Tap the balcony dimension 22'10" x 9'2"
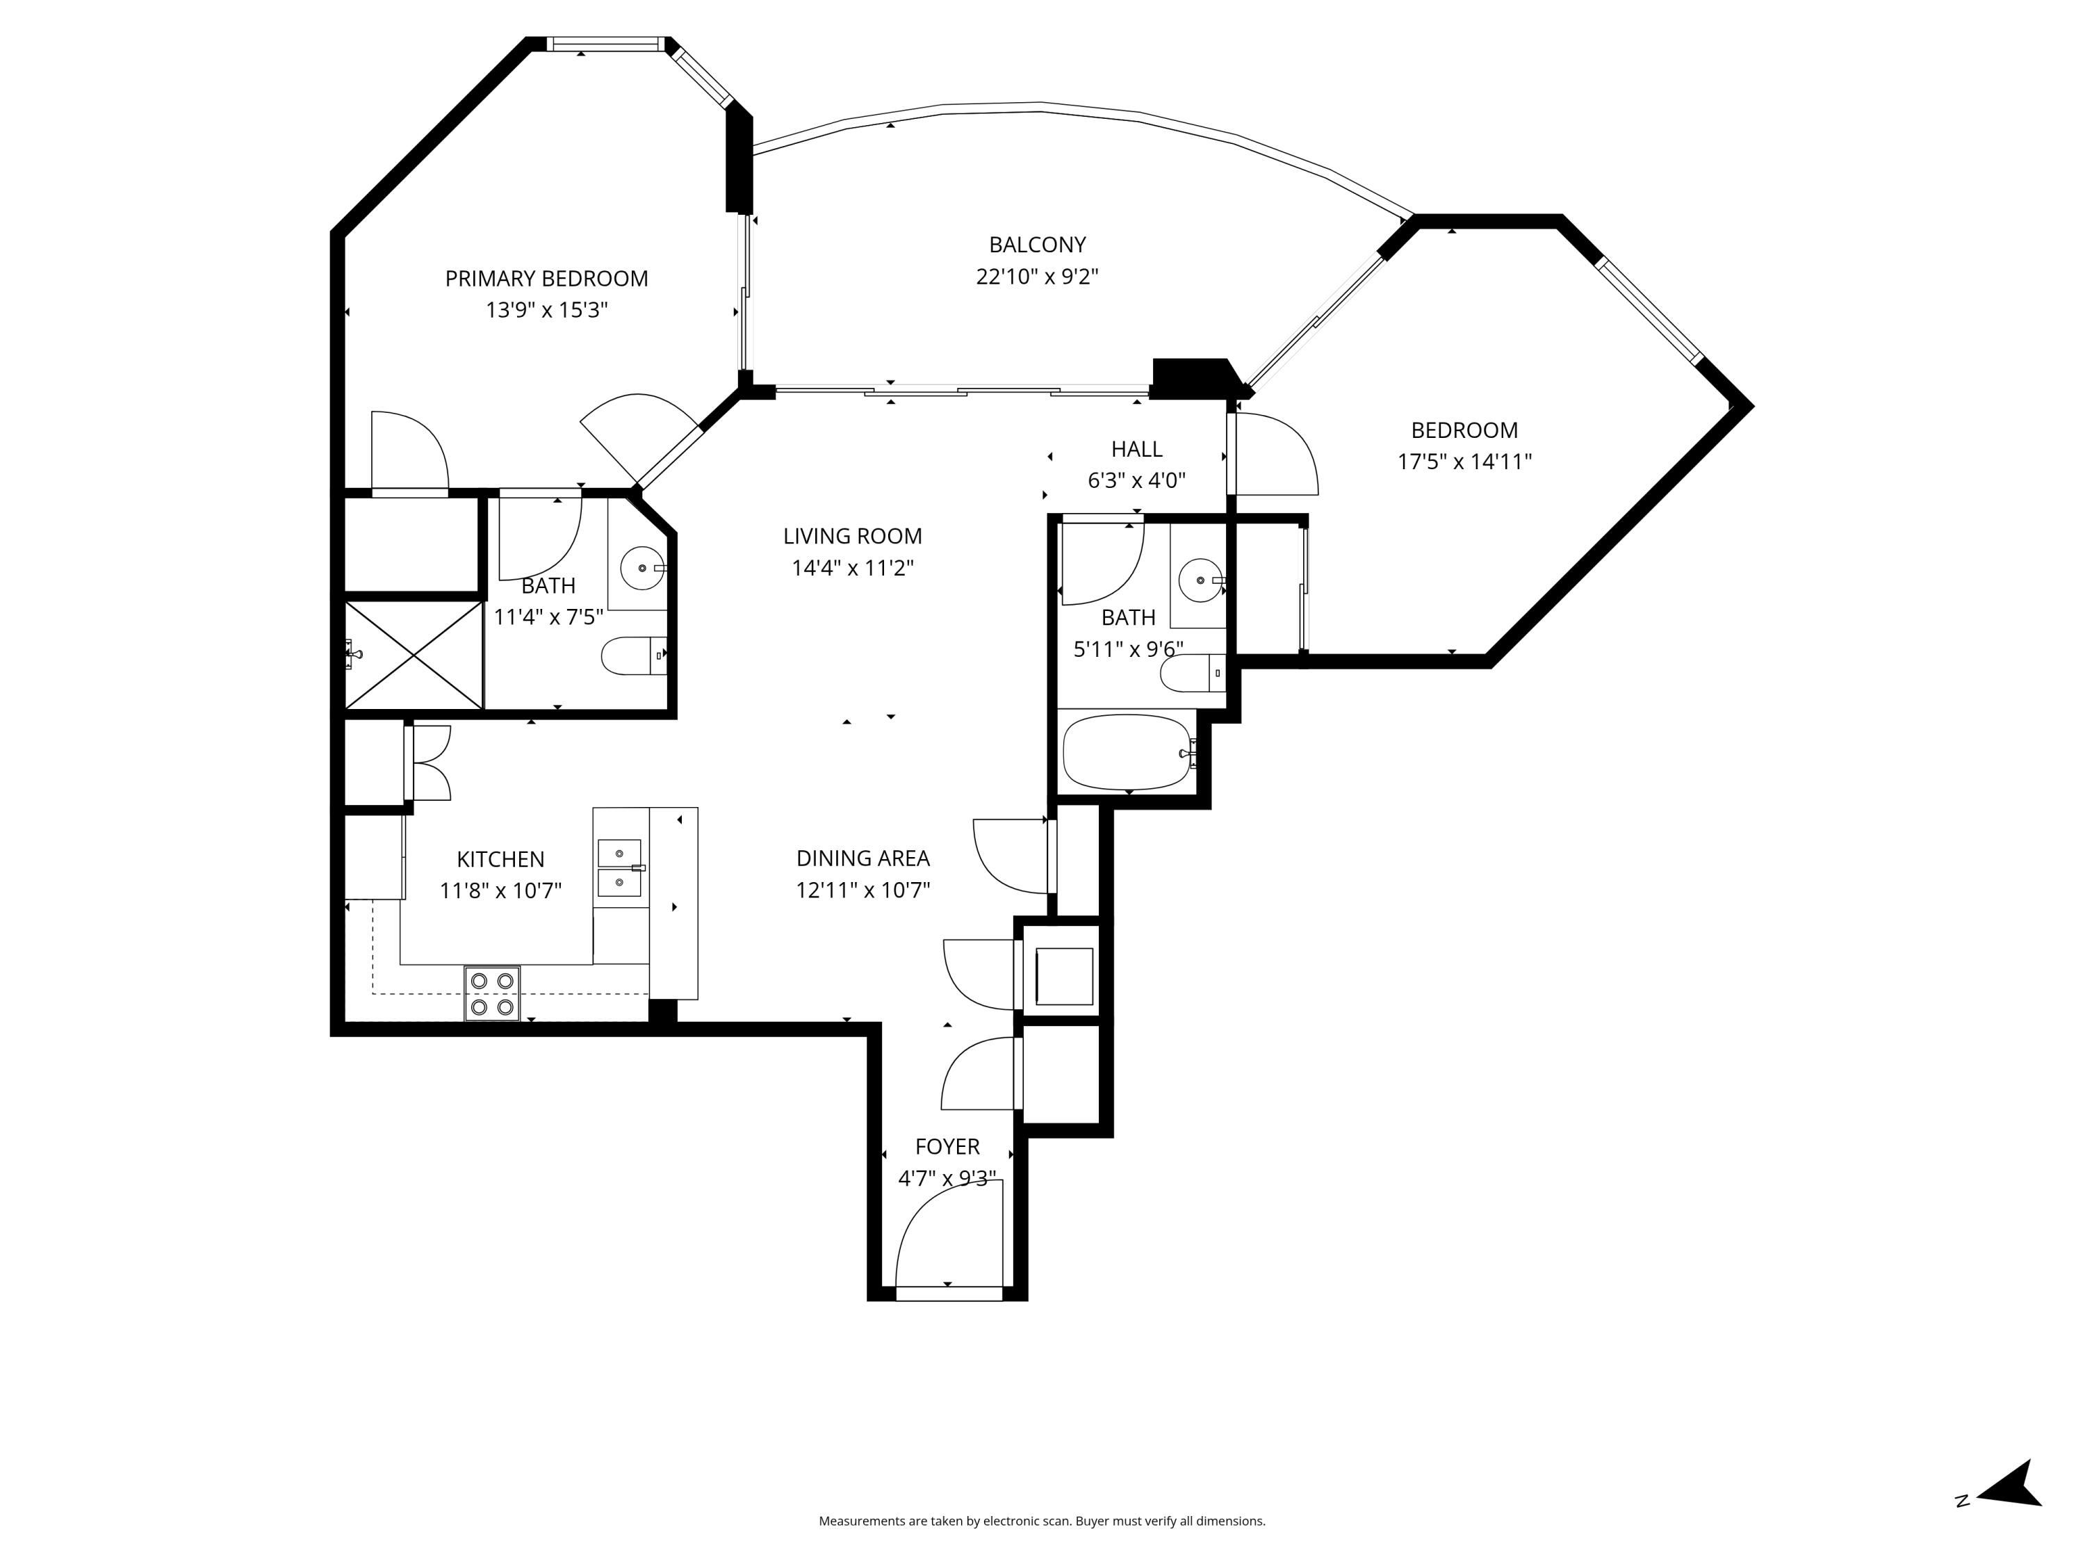[1037, 276]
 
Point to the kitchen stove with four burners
[492, 993]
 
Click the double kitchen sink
[619, 868]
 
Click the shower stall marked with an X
[414, 655]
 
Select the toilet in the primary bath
[632, 656]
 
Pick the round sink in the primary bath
[642, 569]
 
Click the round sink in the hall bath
[1201, 580]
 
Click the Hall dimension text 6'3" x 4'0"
[1136, 480]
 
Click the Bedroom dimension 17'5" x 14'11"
[1464, 461]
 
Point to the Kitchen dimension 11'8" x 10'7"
[500, 890]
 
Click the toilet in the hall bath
[1191, 673]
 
